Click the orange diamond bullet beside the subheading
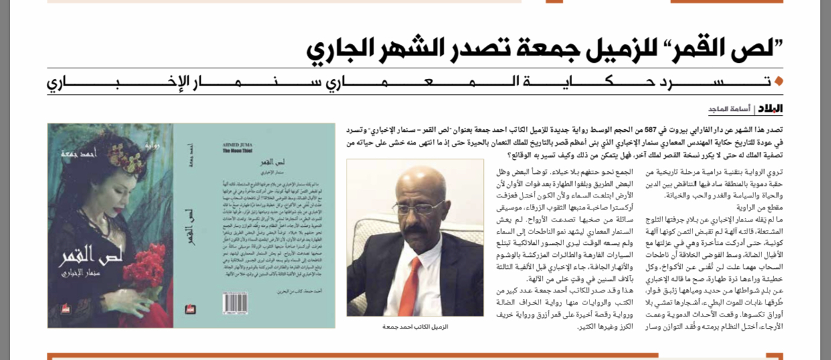click(x=778, y=82)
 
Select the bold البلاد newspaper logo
click(x=770, y=109)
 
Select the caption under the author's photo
click(x=415, y=327)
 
